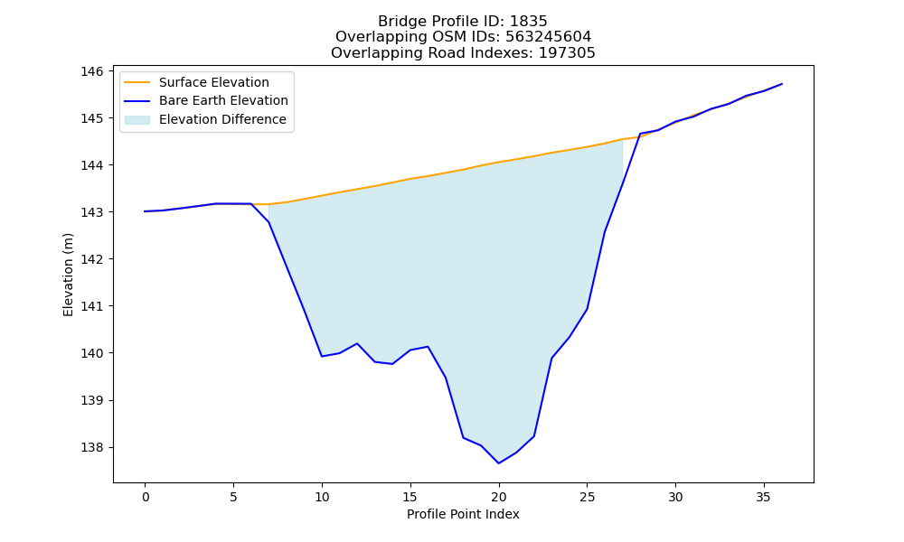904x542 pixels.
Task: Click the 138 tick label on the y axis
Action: pyautogui.click(x=92, y=447)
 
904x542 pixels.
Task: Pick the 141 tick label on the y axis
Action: pyautogui.click(x=92, y=306)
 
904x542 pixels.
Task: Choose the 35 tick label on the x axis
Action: pyautogui.click(x=763, y=497)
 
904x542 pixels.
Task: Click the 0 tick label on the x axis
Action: pyautogui.click(x=146, y=497)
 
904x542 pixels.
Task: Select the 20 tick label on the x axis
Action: pyautogui.click(x=499, y=497)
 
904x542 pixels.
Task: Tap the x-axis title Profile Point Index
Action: pyautogui.click(x=463, y=514)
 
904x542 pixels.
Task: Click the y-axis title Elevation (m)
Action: pyautogui.click(x=69, y=275)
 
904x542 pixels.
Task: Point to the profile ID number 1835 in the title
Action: pyautogui.click(x=528, y=22)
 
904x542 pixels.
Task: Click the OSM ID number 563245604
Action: pyautogui.click(x=549, y=37)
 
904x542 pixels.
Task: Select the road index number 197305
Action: pyautogui.click(x=567, y=53)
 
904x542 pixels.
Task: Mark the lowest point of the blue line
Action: pyautogui.click(x=499, y=463)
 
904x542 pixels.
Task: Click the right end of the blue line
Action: pyautogui.click(x=782, y=84)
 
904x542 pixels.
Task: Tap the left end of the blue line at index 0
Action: pyautogui.click(x=145, y=211)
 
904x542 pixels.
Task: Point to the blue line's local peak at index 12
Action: pyautogui.click(x=357, y=343)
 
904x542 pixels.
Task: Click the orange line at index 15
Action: pyautogui.click(x=410, y=179)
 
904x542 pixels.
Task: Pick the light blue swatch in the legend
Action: pyautogui.click(x=137, y=120)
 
